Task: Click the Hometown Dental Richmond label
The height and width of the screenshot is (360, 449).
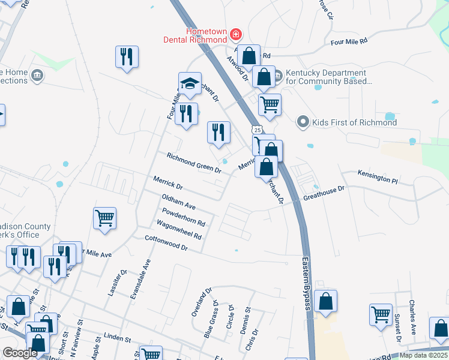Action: (x=197, y=35)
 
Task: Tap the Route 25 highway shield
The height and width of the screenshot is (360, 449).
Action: (x=257, y=130)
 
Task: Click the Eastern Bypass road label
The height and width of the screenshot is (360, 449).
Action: (x=306, y=284)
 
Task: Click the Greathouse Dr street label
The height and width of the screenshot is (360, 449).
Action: (x=324, y=193)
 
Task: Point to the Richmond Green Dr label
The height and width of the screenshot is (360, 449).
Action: (x=194, y=163)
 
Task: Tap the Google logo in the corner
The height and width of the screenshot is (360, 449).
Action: (x=20, y=353)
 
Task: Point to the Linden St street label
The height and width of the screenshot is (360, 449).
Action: (x=117, y=339)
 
